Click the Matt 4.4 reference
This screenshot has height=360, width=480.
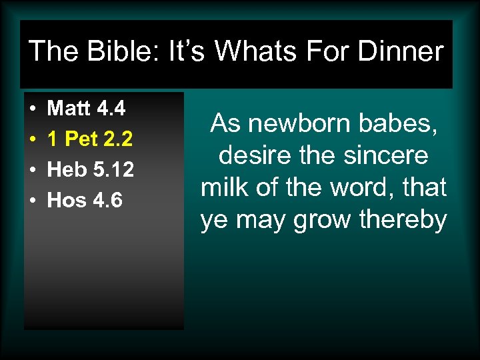(87, 107)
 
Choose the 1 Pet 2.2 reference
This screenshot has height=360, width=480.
(90, 139)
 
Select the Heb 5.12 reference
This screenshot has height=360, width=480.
(91, 169)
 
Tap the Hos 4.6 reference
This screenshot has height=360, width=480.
(85, 200)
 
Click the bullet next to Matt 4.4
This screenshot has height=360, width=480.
(32, 109)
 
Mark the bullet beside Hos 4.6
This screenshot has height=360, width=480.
(32, 201)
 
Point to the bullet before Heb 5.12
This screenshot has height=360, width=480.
(32, 171)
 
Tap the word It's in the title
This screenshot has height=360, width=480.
(189, 51)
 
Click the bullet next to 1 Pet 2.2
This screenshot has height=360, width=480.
(32, 139)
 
